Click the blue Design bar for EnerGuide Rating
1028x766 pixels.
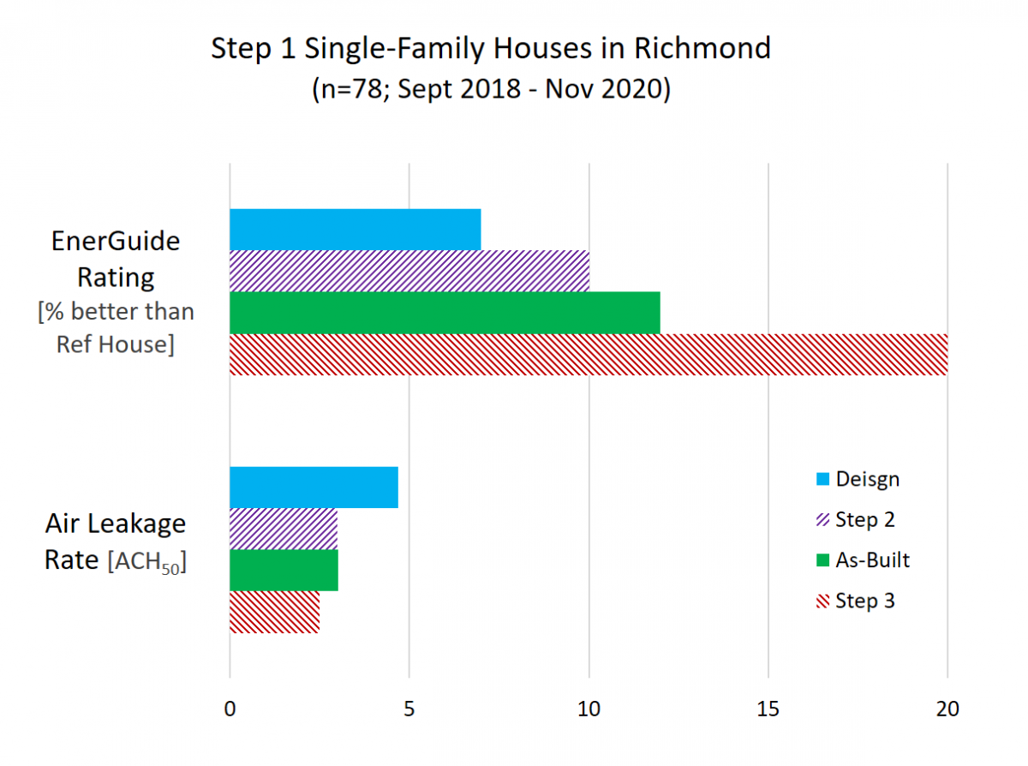tap(355, 230)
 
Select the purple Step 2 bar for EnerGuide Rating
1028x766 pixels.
tap(409, 272)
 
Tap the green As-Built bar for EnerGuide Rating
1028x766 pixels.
tap(445, 313)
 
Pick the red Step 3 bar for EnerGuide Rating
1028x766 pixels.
tap(589, 354)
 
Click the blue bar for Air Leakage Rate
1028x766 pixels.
tap(314, 488)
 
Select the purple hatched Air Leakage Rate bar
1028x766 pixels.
tap(284, 529)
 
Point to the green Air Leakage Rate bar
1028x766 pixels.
tap(284, 571)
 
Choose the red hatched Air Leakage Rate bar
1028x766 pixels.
tap(274, 612)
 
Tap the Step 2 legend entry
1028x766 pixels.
tap(856, 520)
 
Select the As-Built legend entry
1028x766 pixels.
tap(863, 560)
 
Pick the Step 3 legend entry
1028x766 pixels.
tap(856, 601)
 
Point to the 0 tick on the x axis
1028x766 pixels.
tap(230, 709)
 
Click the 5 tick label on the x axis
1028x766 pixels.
tap(409, 709)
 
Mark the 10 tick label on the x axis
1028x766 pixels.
tap(589, 709)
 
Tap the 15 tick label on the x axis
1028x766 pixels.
tap(768, 709)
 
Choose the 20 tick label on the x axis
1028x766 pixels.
tap(947, 709)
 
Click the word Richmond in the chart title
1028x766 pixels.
tap(702, 48)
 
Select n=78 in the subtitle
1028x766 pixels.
tap(351, 88)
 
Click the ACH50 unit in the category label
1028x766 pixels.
tap(147, 562)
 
